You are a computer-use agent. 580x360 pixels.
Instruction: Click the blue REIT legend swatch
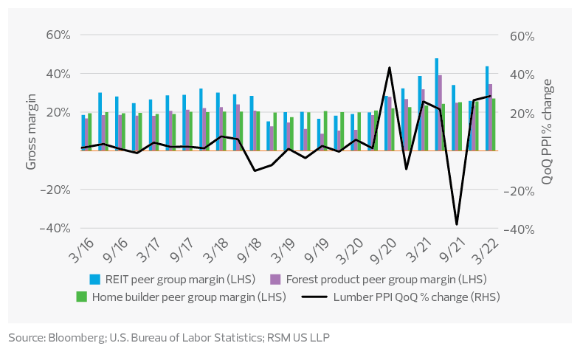[x=94, y=279]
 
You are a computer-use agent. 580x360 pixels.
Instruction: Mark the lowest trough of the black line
[x=457, y=224]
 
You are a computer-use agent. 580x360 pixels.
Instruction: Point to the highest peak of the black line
[x=389, y=68]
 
